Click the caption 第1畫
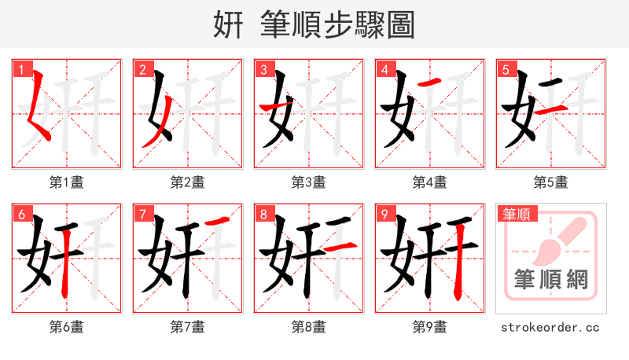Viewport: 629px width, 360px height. (67, 182)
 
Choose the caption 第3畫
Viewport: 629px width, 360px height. (309, 182)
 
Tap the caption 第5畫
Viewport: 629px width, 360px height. (550, 182)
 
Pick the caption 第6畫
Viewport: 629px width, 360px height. (67, 326)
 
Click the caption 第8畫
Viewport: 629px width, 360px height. (309, 326)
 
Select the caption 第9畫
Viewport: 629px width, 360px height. (430, 326)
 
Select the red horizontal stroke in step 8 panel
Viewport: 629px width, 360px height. (340, 248)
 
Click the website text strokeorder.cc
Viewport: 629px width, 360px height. (550, 326)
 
